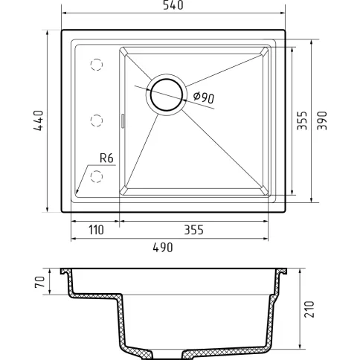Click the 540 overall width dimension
[x=173, y=5]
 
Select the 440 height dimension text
[x=39, y=120]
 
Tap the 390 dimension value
[x=322, y=120]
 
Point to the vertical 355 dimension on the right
[x=302, y=120]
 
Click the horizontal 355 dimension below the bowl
[x=193, y=230]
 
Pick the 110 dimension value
[x=96, y=230]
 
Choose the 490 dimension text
[x=163, y=248]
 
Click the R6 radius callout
[x=106, y=158]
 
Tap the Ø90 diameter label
[x=203, y=97]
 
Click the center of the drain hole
[x=167, y=94]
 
